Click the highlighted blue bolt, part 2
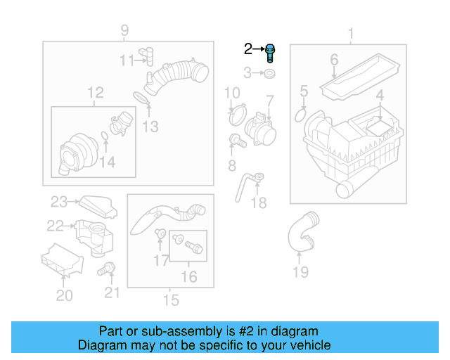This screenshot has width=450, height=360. point(271,53)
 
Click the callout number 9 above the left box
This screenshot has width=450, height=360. point(124,30)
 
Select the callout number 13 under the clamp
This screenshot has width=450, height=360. point(150,127)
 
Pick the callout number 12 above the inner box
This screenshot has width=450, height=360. point(95,92)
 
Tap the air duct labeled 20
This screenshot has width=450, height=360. point(60,261)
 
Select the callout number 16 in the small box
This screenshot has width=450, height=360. point(188,277)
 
